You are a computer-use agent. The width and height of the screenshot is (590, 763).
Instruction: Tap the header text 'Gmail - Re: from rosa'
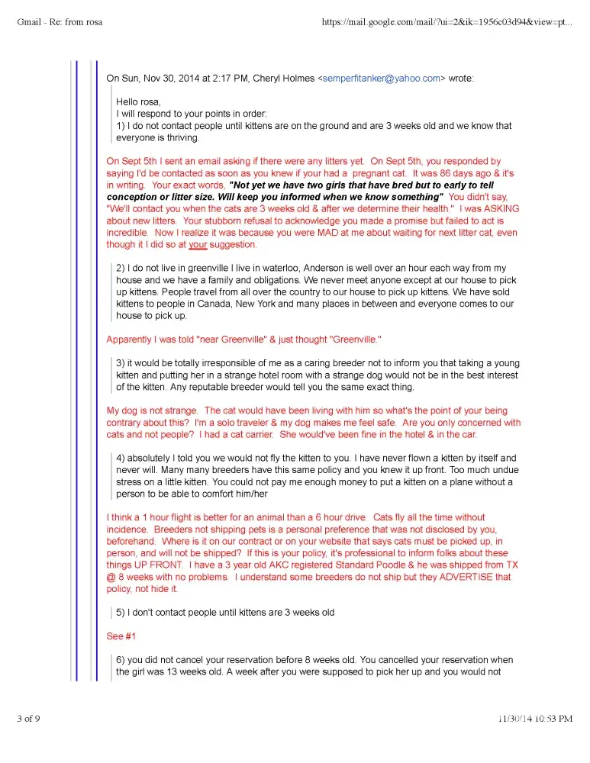[x=60, y=21]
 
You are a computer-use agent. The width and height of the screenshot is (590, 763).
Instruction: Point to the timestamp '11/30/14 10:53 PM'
[x=534, y=718]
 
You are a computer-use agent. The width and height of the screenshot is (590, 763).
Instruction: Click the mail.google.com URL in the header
[x=447, y=21]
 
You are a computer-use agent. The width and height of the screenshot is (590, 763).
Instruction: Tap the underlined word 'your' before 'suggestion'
[x=198, y=245]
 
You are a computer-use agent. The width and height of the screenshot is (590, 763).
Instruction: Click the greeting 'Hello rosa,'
[x=139, y=101]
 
